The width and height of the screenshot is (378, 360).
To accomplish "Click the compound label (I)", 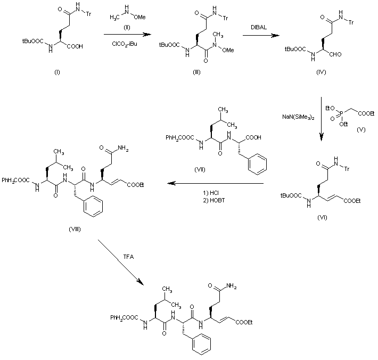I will (x=56, y=72).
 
